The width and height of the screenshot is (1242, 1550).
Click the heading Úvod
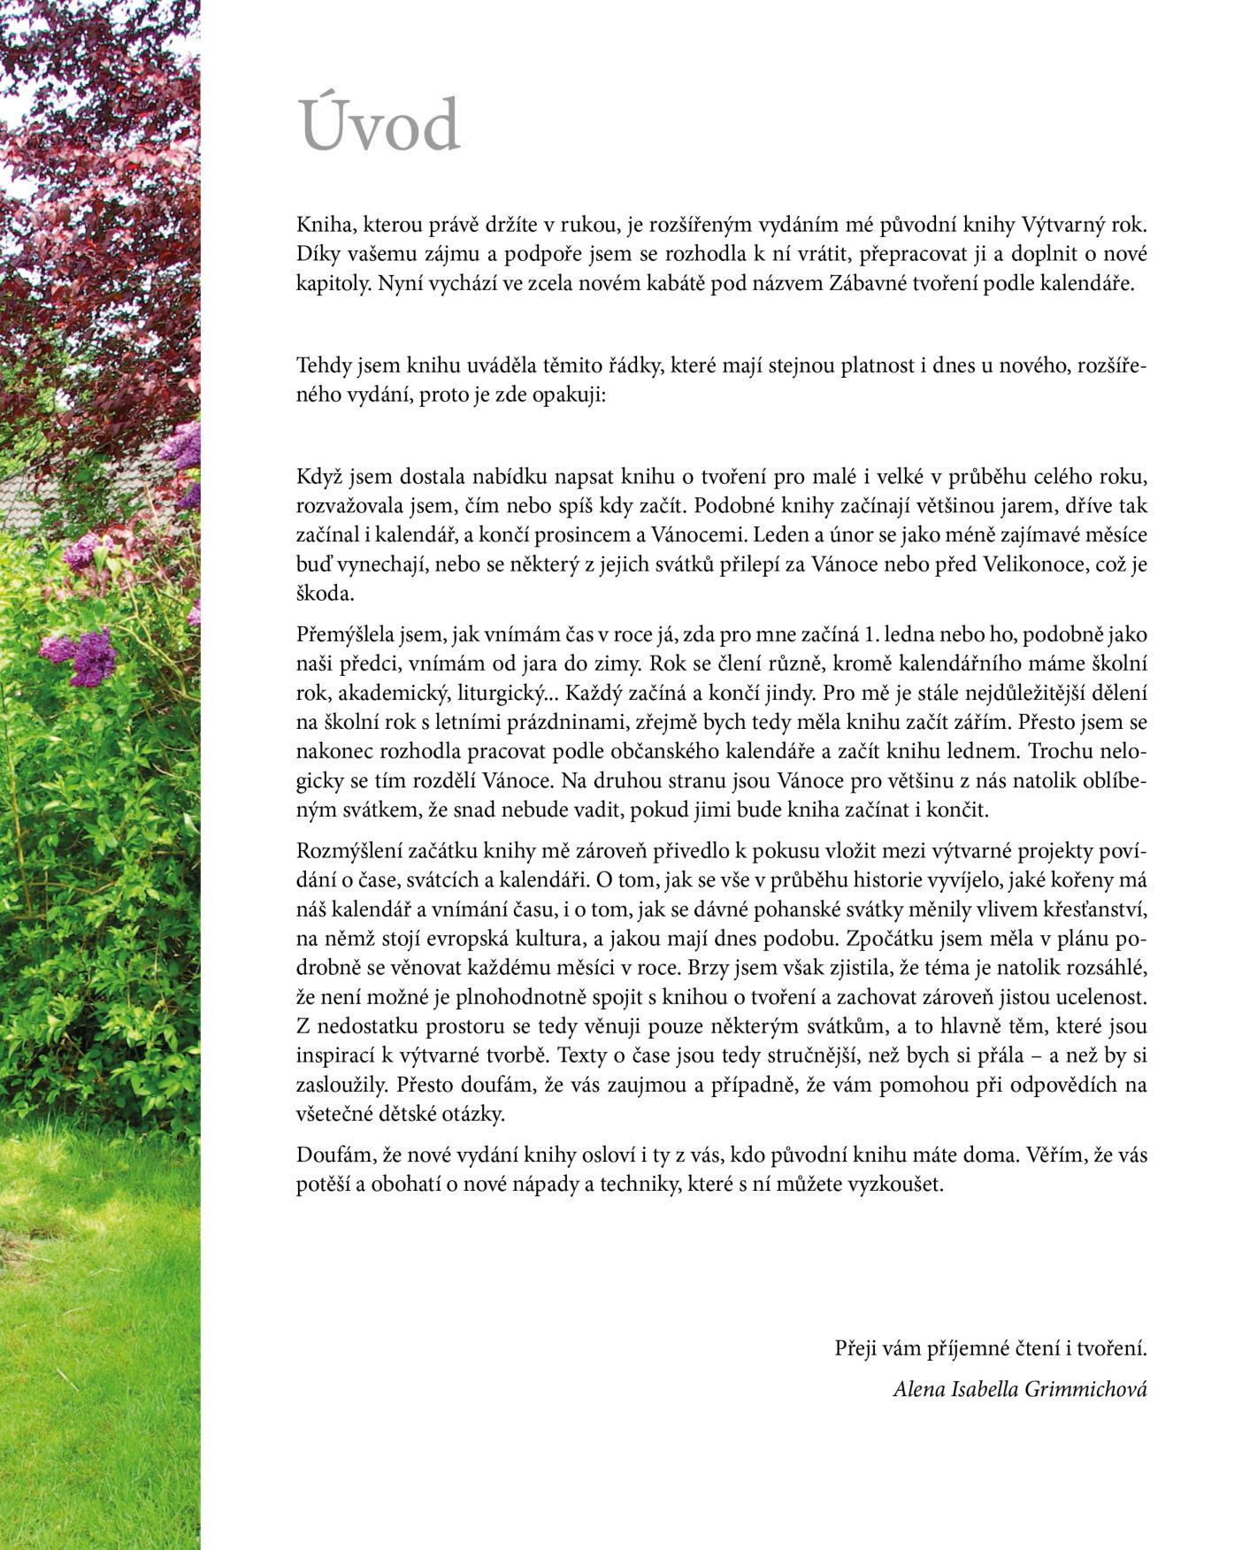pyautogui.click(x=379, y=126)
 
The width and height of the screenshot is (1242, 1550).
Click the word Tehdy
pyautogui.click(x=324, y=365)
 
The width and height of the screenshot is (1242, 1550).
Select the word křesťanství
pyautogui.click(x=1094, y=909)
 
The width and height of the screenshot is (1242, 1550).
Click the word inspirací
pyautogui.click(x=337, y=1055)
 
